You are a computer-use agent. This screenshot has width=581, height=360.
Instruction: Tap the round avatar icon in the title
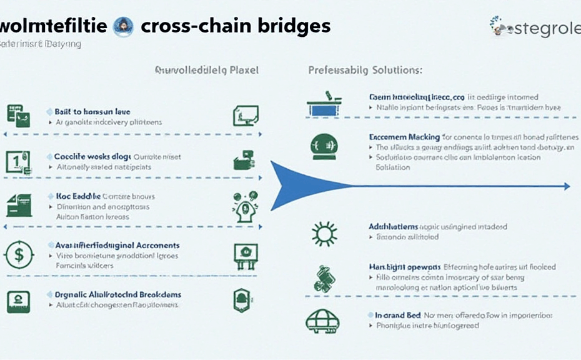[x=123, y=26]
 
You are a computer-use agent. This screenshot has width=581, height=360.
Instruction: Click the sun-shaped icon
[x=324, y=234]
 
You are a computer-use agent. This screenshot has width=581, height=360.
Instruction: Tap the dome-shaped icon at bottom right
[x=323, y=321]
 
